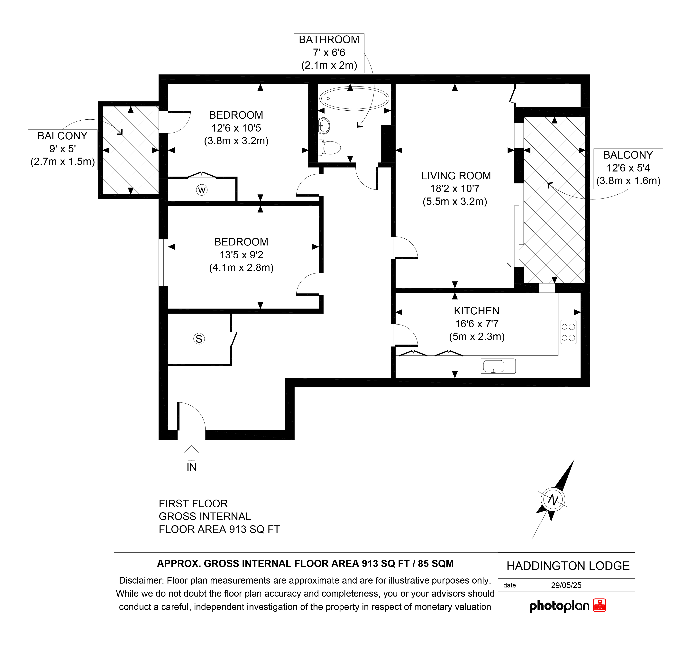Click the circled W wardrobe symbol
(202, 190)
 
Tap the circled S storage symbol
(199, 339)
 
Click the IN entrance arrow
(192, 453)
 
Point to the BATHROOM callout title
(329, 40)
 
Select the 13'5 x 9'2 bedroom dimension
(241, 255)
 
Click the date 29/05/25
(566, 585)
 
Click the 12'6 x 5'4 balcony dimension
(628, 168)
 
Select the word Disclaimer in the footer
(141, 580)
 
